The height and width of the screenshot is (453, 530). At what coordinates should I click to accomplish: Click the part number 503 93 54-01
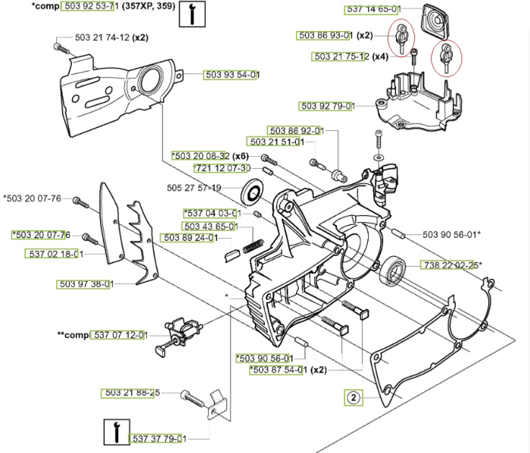(x=232, y=74)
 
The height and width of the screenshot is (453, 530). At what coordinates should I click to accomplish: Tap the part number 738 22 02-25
(x=450, y=264)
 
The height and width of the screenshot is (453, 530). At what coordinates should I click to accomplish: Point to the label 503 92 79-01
(x=327, y=106)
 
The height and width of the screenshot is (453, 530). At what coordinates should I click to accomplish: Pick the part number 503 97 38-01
(x=86, y=284)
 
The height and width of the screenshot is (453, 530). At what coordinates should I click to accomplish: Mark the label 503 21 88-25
(x=130, y=392)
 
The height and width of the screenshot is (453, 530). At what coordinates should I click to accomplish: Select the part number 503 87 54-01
(x=278, y=370)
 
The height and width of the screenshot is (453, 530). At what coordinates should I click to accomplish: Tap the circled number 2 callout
(x=353, y=395)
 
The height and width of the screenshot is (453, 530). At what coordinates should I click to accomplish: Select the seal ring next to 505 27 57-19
(x=253, y=189)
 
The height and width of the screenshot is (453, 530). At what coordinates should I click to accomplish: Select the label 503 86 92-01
(x=295, y=131)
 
